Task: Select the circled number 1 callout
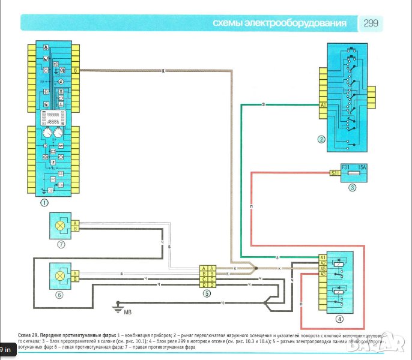pyautogui.click(x=44, y=203)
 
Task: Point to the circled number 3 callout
pyautogui.click(x=353, y=187)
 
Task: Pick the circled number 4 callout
pyautogui.click(x=341, y=319)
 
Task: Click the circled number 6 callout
pyautogui.click(x=59, y=295)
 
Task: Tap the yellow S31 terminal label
pyautogui.click(x=335, y=173)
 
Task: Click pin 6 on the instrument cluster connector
pyautogui.click(x=76, y=70)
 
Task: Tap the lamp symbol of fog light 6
pyautogui.click(x=59, y=276)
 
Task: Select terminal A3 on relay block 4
pyautogui.click(x=323, y=274)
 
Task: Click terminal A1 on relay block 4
pyautogui.click(x=323, y=257)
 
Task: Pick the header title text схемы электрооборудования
pyautogui.click(x=280, y=23)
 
